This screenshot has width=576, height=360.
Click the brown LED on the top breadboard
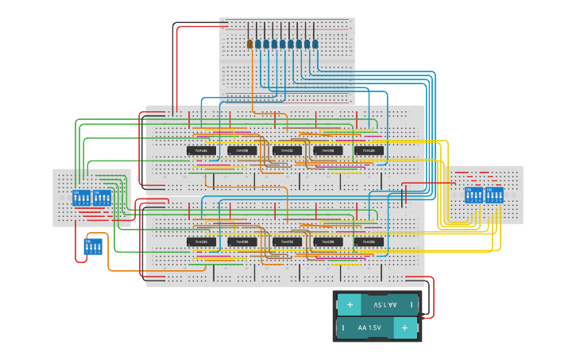tap(249, 45)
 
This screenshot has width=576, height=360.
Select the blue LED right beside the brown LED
tap(258, 45)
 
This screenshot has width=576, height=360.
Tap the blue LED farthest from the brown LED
tap(315, 45)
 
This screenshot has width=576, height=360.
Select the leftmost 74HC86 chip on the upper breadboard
tap(202, 150)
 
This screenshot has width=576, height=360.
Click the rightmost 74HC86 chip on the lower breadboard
tap(369, 242)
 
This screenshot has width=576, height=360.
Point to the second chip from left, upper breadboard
tap(242, 150)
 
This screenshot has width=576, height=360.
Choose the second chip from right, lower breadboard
tap(328, 242)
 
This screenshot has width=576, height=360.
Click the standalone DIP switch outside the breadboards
tap(93, 247)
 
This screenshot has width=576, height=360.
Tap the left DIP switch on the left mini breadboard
tap(82, 198)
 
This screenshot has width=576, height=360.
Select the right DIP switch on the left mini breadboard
tap(102, 198)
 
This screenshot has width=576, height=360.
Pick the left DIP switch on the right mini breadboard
tap(474, 195)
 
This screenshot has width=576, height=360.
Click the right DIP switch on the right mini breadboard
tap(495, 195)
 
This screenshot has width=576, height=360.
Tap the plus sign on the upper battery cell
tap(350, 305)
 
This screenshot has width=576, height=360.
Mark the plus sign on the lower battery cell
tap(404, 327)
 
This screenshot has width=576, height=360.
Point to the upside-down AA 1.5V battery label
tap(379, 305)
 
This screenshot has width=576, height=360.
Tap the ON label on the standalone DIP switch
tap(87, 240)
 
